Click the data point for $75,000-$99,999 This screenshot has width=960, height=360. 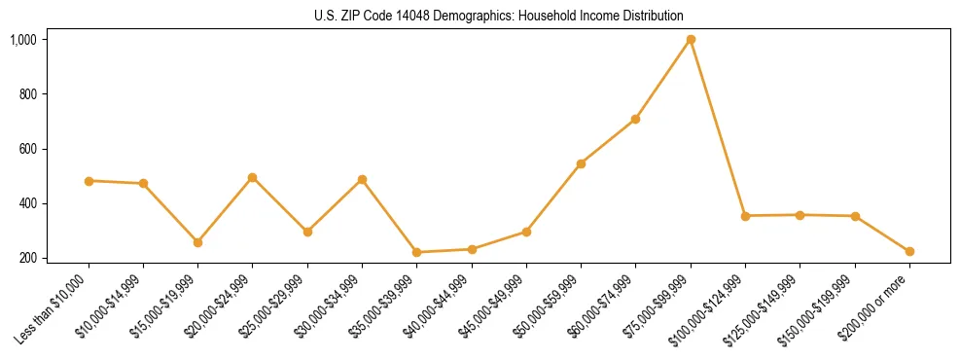pos(691,40)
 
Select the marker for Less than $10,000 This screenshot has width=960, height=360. pos(89,181)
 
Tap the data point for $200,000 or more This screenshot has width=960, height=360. pos(909,251)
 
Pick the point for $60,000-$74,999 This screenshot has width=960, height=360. pos(635,119)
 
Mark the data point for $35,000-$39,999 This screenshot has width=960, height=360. pos(416,252)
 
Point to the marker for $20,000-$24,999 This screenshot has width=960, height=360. pos(252,178)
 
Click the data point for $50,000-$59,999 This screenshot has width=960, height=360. pos(581,163)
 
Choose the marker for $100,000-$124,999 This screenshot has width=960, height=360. pos(745,216)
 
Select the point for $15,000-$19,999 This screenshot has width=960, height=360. pos(197,242)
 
